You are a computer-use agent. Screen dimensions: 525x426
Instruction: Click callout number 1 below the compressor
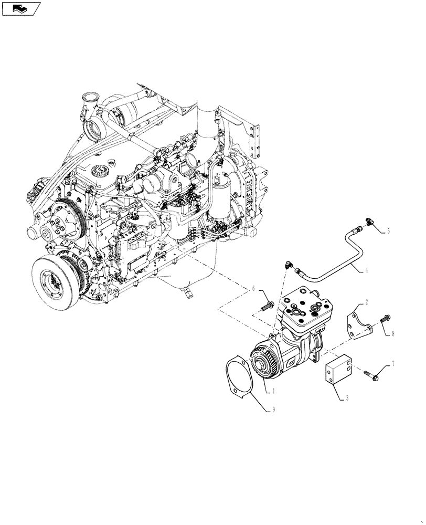click(x=273, y=391)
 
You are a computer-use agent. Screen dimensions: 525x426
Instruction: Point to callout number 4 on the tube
click(x=366, y=271)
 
